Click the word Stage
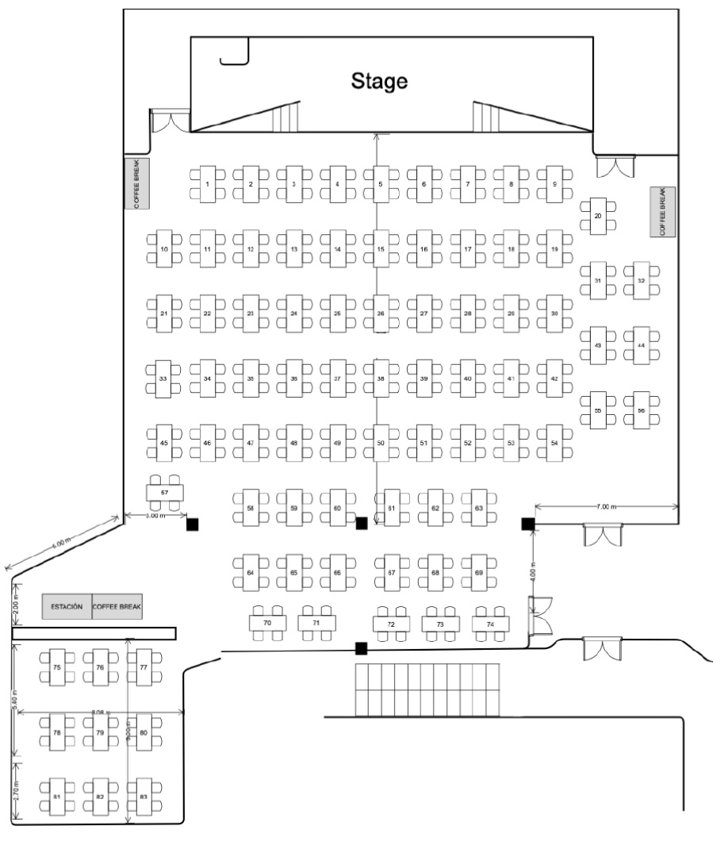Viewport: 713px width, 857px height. (379, 80)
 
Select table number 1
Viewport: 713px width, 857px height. (207, 184)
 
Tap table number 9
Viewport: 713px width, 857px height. (554, 184)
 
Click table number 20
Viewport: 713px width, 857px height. (598, 216)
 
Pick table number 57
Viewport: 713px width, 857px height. (165, 493)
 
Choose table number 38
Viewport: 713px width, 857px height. (381, 379)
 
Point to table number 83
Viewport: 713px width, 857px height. (144, 796)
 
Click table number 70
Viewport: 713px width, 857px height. (267, 624)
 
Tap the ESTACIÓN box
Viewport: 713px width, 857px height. (67, 606)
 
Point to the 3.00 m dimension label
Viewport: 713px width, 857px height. (156, 516)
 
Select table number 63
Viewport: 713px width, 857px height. (479, 507)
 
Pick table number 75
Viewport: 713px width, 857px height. (57, 668)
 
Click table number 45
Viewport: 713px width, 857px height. (164, 443)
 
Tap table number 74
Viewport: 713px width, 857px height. (490, 624)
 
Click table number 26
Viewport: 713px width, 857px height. (381, 314)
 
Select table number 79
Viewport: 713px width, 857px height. (100, 733)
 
